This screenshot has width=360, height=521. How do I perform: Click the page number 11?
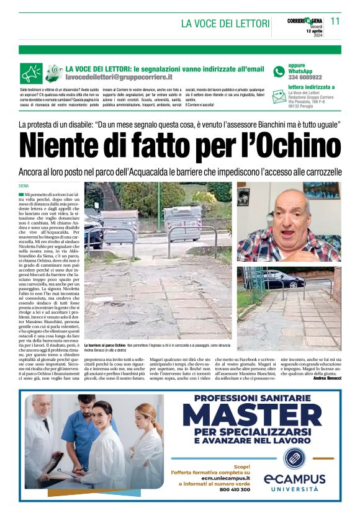(335, 21)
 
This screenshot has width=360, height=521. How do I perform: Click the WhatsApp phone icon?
(279, 71)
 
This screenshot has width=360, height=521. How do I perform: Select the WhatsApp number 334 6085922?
(305, 78)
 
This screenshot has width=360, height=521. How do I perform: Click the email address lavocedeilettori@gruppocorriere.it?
(119, 78)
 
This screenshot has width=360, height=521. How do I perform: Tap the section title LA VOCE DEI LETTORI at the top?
(225, 24)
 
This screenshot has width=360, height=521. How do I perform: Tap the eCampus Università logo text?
(294, 482)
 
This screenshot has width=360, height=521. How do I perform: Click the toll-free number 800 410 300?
(233, 489)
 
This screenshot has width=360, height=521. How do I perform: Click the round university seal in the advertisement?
(294, 458)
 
